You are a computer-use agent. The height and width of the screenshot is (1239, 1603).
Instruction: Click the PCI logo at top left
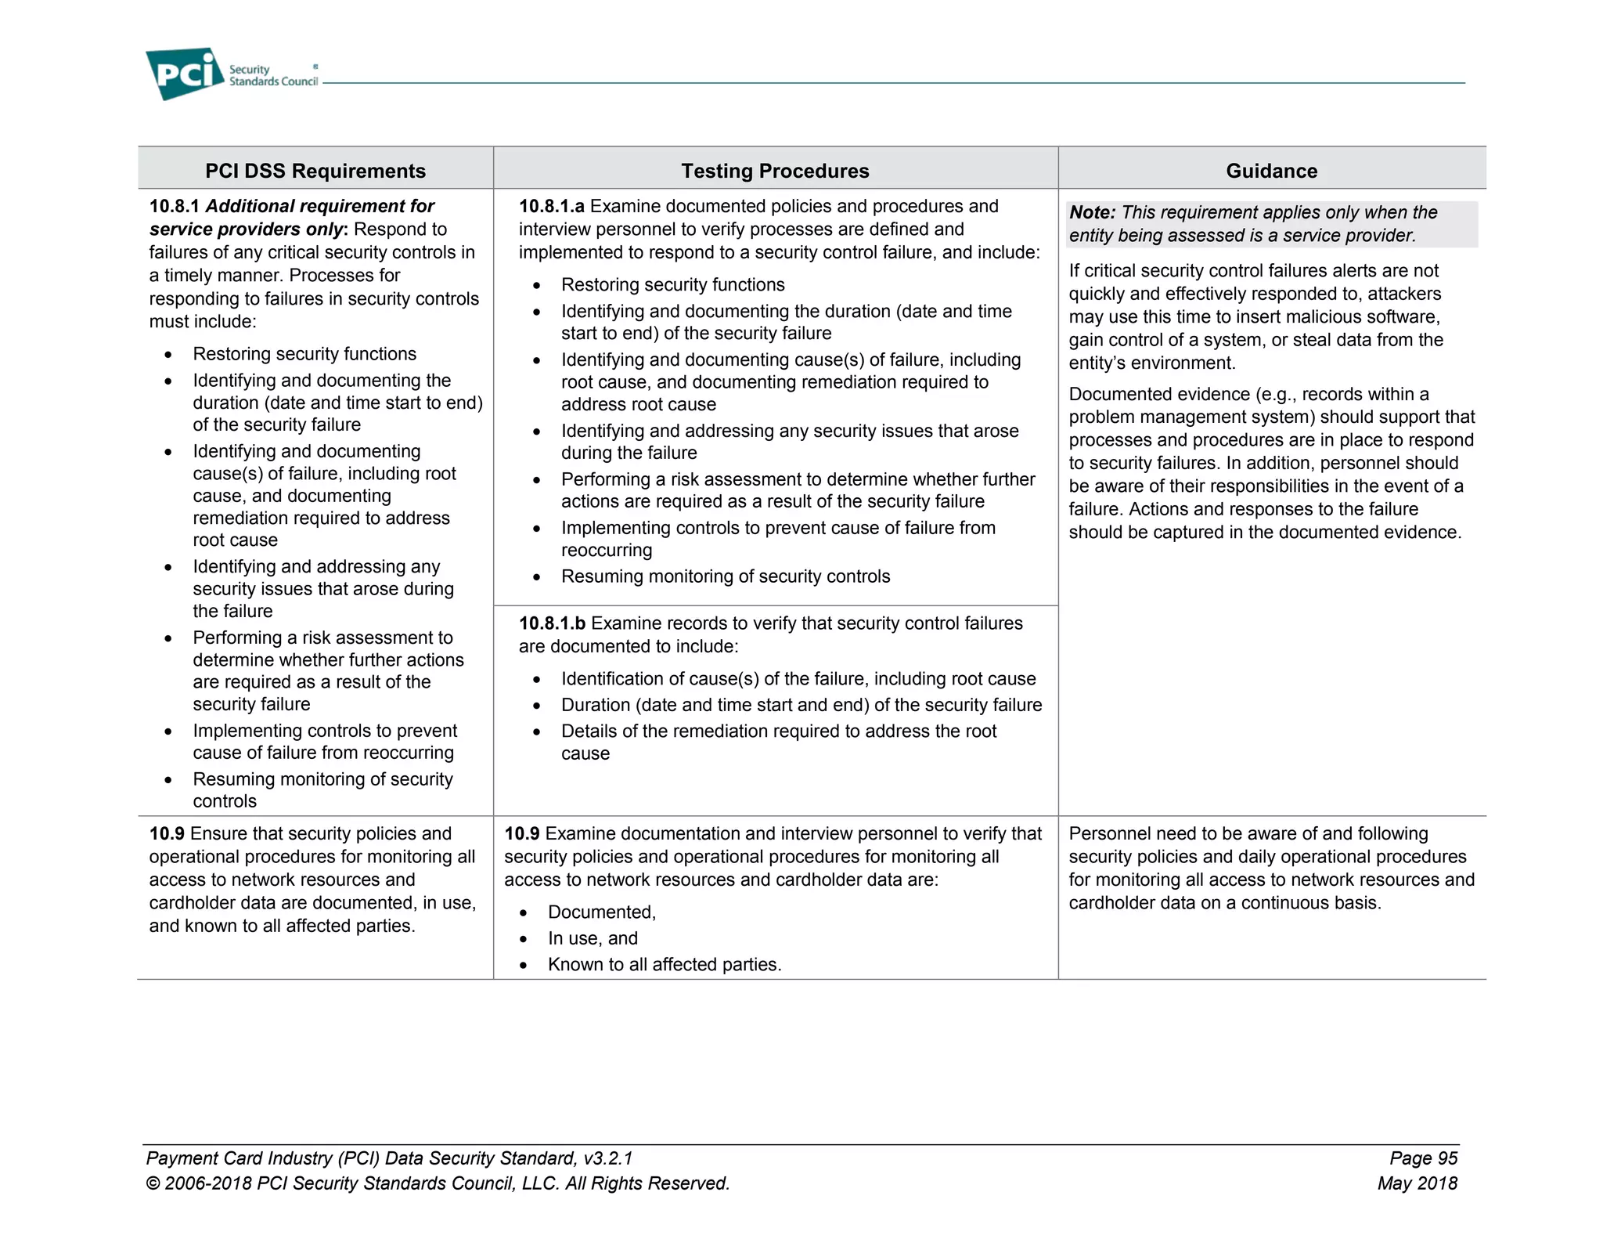coord(185,74)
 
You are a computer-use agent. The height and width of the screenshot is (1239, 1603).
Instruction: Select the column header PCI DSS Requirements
coord(315,171)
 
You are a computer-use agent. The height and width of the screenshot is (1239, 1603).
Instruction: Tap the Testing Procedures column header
coord(775,171)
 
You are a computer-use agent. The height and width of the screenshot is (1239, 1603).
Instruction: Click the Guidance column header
coord(1271,171)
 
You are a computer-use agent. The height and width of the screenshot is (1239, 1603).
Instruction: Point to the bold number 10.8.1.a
coord(551,206)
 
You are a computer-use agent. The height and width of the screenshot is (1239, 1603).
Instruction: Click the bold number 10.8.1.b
coord(552,623)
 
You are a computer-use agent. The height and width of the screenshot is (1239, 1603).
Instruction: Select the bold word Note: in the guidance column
coord(1092,212)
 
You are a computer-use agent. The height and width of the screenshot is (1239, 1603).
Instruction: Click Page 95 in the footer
coord(1423,1158)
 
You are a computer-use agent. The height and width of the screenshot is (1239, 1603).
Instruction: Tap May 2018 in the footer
coord(1417,1183)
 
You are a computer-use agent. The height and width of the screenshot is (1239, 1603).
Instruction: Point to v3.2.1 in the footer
coord(608,1158)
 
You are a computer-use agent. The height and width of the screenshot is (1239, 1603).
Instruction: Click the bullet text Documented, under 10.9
coord(601,912)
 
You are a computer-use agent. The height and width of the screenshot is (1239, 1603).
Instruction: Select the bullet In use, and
coord(593,938)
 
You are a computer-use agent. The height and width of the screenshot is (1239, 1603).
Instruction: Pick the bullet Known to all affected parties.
coord(664,965)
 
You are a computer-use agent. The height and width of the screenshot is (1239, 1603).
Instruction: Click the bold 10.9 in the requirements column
coord(167,834)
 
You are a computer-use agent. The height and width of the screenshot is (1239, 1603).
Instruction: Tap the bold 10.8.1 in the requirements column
coord(175,206)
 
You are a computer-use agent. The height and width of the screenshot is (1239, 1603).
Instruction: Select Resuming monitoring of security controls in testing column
coord(725,576)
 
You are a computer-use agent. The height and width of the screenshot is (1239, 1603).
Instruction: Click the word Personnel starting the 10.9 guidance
coord(1105,834)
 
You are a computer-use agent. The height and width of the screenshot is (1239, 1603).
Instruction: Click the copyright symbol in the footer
coord(153,1184)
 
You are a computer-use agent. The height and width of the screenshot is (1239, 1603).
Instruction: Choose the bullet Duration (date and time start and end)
coord(801,705)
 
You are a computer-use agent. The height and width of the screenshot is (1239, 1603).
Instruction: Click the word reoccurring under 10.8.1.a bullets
coord(606,551)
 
